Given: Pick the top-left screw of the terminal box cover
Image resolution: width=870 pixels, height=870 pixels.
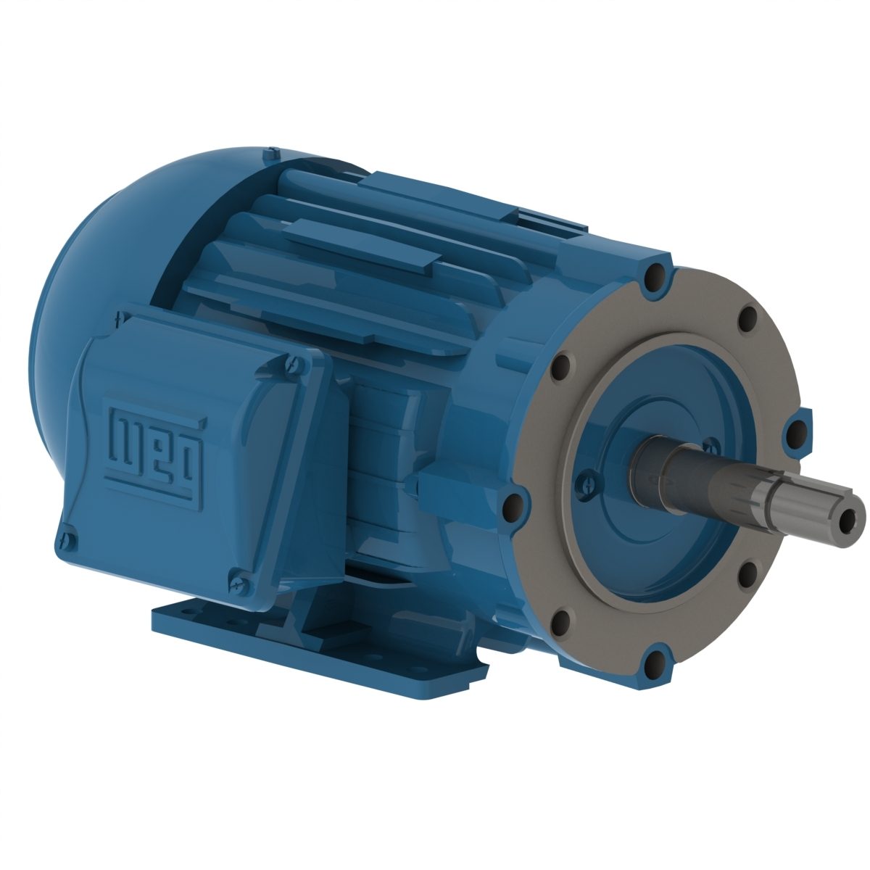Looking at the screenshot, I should point(118,317).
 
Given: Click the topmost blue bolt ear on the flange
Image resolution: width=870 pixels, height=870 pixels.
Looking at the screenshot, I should point(654,275).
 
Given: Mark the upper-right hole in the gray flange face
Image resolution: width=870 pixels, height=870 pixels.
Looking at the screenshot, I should point(747,318).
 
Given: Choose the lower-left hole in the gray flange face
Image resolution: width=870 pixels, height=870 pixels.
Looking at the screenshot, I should point(560,621).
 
